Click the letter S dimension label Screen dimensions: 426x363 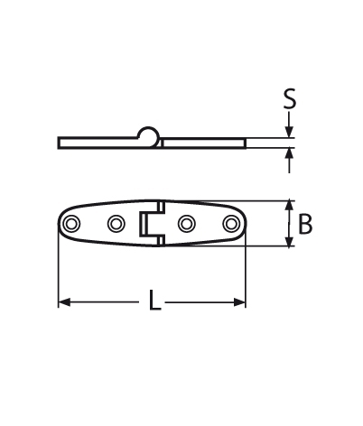pyautogui.click(x=289, y=98)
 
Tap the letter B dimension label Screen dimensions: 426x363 pyautogui.click(x=305, y=224)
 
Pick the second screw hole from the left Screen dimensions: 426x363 pyautogui.click(x=115, y=224)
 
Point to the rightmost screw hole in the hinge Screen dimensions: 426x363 pyautogui.click(x=231, y=224)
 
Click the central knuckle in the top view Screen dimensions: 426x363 pyautogui.click(x=152, y=224)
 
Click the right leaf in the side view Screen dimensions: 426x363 pyautogui.click(x=203, y=142)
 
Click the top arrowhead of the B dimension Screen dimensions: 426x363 pyautogui.click(x=289, y=207)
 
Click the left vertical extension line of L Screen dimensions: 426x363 pyautogui.click(x=59, y=271)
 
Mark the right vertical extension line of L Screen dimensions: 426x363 pyautogui.click(x=246, y=271)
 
